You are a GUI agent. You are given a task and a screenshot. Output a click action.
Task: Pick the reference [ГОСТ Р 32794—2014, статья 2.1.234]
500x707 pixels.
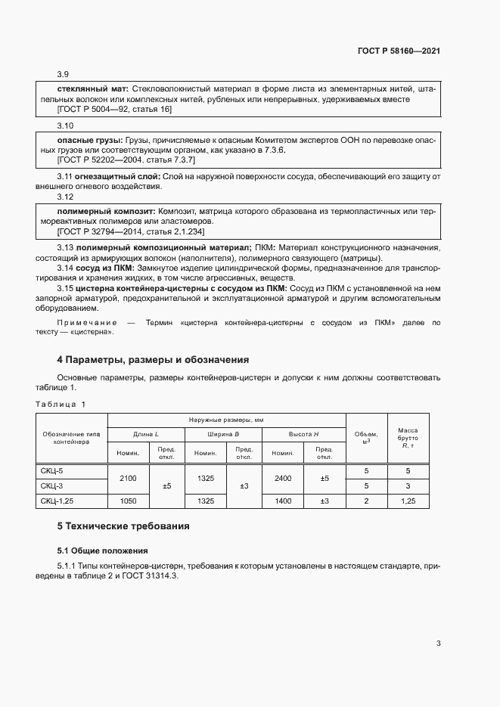(131, 232)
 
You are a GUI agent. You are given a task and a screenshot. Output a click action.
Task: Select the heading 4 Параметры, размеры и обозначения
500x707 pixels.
(153, 359)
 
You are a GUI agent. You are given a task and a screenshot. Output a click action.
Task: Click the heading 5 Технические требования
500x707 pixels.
(123, 526)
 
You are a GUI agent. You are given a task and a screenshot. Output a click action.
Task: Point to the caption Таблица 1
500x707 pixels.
(61, 404)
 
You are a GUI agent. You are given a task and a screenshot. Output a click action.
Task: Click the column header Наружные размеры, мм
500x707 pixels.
(226, 420)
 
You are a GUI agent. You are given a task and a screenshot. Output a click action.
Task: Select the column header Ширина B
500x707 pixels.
(223, 434)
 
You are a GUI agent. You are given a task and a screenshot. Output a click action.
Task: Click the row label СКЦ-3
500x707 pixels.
(52, 485)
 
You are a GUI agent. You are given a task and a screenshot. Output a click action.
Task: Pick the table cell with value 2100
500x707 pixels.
(128, 478)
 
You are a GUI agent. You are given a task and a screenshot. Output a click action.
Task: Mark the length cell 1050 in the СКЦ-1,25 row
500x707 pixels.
(128, 501)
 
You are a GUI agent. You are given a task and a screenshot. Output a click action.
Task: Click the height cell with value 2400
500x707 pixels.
(282, 478)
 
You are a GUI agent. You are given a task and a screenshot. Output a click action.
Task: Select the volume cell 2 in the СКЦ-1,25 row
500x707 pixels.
(366, 501)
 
